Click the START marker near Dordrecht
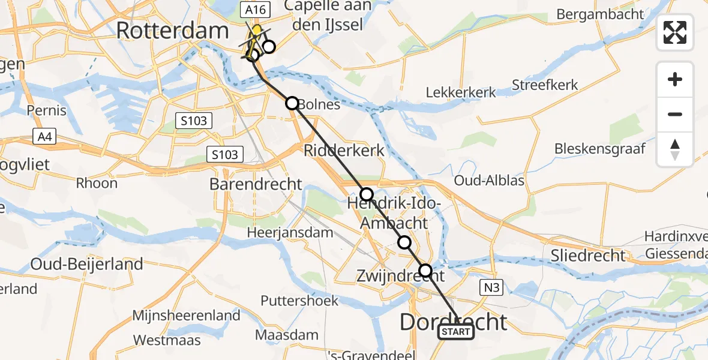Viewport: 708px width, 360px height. click(x=456, y=332)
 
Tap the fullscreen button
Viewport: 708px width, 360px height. click(x=675, y=32)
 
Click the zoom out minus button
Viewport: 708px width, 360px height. click(x=675, y=114)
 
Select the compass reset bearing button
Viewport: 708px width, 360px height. click(x=675, y=149)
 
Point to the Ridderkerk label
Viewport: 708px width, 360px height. click(x=344, y=149)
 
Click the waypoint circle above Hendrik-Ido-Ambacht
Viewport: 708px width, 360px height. click(x=367, y=194)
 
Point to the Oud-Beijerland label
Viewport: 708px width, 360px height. click(x=87, y=264)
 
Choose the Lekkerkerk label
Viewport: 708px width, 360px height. click(x=461, y=92)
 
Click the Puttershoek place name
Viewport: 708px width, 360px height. click(x=300, y=301)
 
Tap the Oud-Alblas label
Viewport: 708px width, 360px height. click(x=490, y=181)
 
